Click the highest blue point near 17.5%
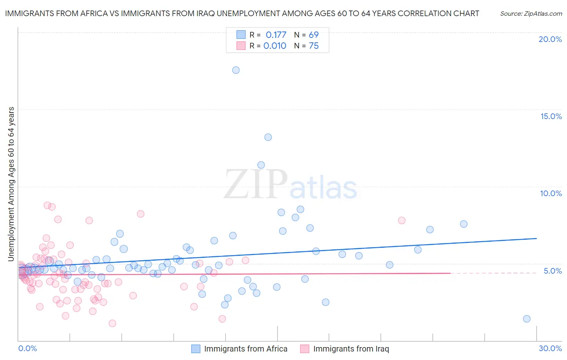point(236,70)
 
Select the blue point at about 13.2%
point(268,137)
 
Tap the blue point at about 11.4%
point(261,165)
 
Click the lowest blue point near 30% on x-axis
point(527,319)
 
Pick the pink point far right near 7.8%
point(402,220)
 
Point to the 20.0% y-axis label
point(550,39)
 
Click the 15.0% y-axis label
point(551,116)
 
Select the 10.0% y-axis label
point(551,193)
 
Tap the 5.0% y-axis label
point(552,271)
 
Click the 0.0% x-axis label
point(27,348)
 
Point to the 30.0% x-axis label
point(550,348)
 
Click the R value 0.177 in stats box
point(276,35)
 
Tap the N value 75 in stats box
point(314,46)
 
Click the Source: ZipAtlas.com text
point(531,13)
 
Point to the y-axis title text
point(11,184)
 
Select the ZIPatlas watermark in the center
point(290,184)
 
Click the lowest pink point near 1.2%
point(113,323)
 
